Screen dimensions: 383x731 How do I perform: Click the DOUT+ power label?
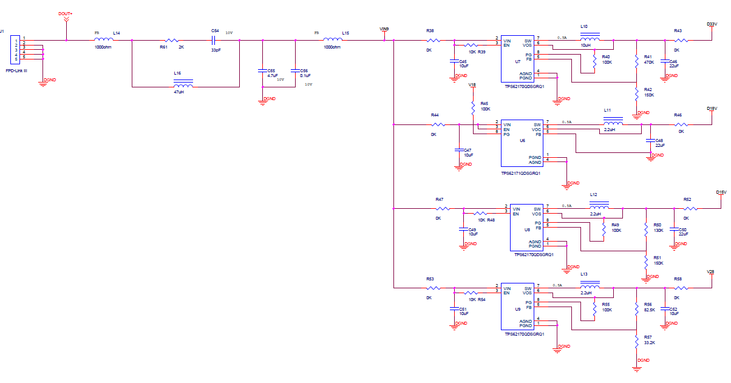tap(66, 13)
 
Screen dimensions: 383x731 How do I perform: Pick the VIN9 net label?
tap(384, 29)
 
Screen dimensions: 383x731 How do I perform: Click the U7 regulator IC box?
tap(517, 58)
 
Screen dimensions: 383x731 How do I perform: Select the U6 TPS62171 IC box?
tap(521, 143)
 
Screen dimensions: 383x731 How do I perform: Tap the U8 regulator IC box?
tap(526, 228)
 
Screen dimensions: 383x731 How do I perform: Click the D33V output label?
tap(712, 25)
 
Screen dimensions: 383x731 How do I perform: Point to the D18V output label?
tap(712, 109)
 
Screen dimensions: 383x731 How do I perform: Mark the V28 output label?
tap(711, 271)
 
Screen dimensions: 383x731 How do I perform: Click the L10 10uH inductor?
tap(590, 40)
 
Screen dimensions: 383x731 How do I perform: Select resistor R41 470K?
tap(636, 59)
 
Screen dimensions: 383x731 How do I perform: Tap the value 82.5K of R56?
tap(649, 310)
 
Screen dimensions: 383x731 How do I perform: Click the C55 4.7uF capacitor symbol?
tap(262, 70)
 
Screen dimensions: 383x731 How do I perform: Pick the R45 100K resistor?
tap(473, 107)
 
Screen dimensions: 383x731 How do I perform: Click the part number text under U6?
tap(520, 173)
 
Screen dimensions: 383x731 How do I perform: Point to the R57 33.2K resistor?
tap(636, 340)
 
